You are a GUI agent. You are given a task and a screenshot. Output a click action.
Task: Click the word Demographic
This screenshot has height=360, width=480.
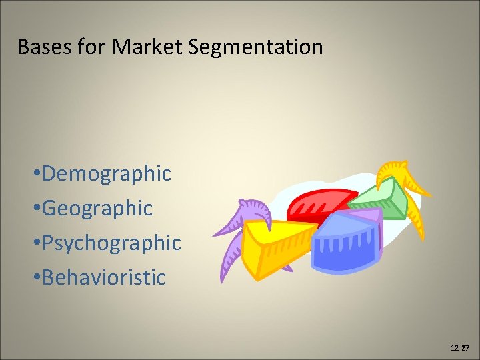tap(107, 174)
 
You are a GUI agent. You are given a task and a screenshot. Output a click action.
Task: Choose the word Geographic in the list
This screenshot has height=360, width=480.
tap(97, 209)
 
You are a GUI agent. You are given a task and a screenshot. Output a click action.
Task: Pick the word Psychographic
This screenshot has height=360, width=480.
tap(111, 243)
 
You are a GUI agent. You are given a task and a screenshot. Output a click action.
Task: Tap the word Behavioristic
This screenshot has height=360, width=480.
tap(104, 277)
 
